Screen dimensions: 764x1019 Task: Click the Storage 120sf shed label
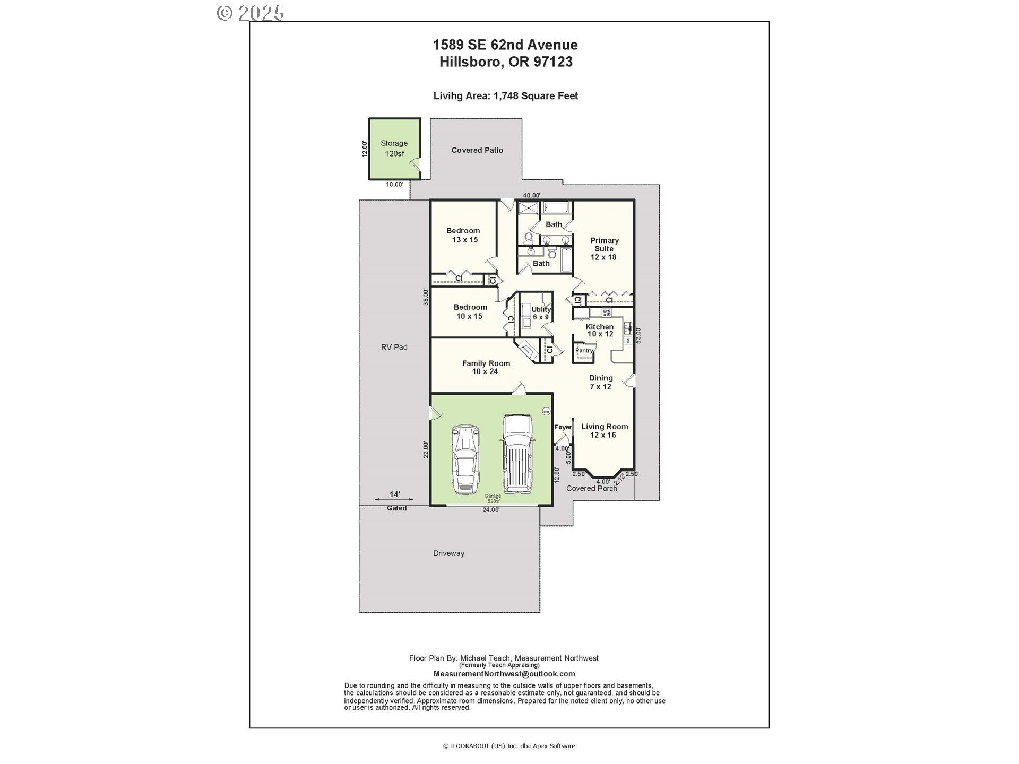click(394, 149)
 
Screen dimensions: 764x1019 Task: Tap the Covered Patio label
click(477, 150)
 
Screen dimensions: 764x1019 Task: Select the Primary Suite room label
click(604, 249)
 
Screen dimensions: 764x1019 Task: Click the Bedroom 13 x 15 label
click(463, 235)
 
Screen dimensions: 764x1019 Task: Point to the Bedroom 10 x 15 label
click(470, 311)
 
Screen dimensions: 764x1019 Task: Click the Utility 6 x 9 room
click(541, 313)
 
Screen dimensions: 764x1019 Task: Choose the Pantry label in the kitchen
click(584, 351)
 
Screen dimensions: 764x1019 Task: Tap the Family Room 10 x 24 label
click(486, 367)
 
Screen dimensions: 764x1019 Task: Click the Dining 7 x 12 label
click(601, 382)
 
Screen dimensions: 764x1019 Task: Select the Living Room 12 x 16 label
click(604, 430)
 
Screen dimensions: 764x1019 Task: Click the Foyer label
click(563, 427)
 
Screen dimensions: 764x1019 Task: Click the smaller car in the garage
click(465, 459)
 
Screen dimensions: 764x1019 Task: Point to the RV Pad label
click(394, 347)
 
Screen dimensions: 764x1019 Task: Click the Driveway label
click(448, 553)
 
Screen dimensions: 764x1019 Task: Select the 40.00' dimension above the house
click(531, 196)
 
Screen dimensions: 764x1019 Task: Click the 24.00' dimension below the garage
click(491, 510)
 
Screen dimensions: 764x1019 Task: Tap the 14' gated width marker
click(394, 494)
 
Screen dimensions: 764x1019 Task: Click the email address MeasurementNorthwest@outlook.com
click(504, 674)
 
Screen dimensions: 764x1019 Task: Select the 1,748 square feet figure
click(535, 96)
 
